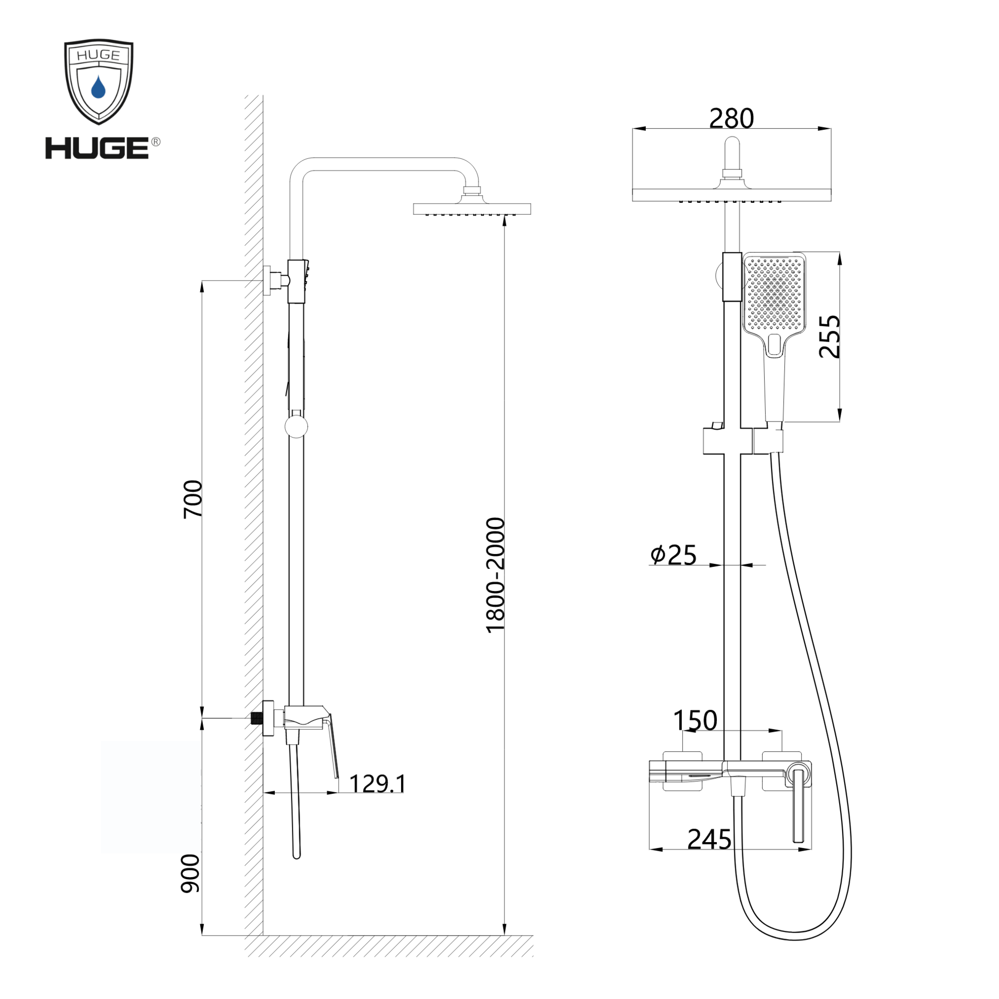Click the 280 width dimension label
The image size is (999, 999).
coord(731,118)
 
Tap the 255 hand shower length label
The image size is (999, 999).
coord(829,337)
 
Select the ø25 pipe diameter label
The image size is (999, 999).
coord(673,555)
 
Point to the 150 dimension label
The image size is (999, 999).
coord(695,720)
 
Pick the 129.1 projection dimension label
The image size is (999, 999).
coord(378,783)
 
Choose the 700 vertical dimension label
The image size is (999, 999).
coord(193,499)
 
